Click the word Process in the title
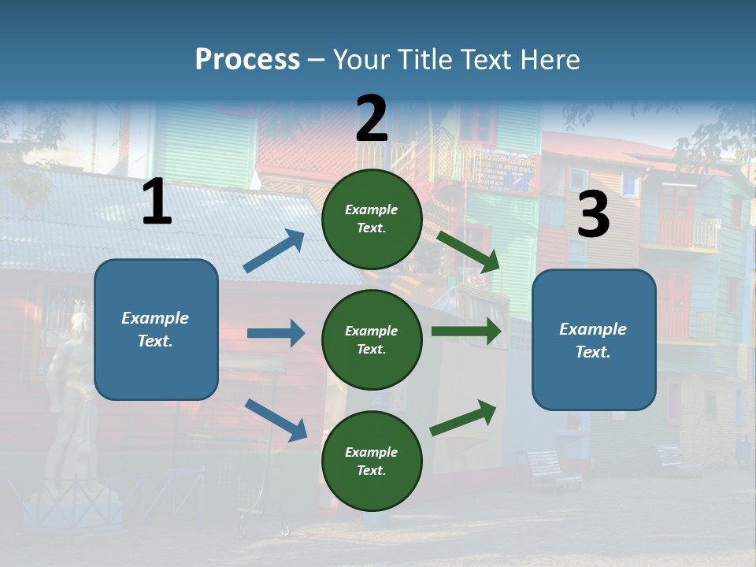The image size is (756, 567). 247,59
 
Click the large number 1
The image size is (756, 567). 157,202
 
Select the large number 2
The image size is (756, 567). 372,119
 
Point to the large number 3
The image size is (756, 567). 593,215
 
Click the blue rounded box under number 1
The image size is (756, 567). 156,329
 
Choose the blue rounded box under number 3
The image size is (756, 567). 594,339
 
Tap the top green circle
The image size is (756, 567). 372,218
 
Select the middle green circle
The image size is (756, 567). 372,339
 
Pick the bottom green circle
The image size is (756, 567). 372,461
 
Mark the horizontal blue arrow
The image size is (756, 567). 276,333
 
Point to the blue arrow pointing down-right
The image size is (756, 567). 276,419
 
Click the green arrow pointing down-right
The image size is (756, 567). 469,252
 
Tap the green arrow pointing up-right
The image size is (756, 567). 463,417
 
